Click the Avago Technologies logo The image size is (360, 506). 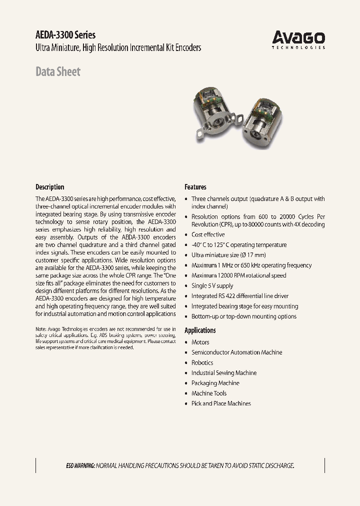click(298, 39)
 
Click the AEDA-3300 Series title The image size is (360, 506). click(65, 35)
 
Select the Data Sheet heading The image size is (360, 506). click(57, 71)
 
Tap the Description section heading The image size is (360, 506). click(49, 187)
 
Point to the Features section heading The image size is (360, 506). click(195, 187)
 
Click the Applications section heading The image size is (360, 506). click(200, 330)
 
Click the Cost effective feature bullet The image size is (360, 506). click(208, 234)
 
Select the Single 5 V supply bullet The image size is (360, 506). click(212, 286)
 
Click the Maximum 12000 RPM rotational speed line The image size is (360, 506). click(238, 275)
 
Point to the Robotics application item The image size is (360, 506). click(202, 363)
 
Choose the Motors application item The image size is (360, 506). click(200, 342)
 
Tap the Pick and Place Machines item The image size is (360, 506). click(221, 403)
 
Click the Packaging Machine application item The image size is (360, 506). click(215, 383)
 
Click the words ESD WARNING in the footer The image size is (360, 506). click(80, 465)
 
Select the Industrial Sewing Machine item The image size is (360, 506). click(223, 373)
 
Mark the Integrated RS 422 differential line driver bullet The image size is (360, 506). click(239, 296)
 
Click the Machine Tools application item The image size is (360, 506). click(209, 393)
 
